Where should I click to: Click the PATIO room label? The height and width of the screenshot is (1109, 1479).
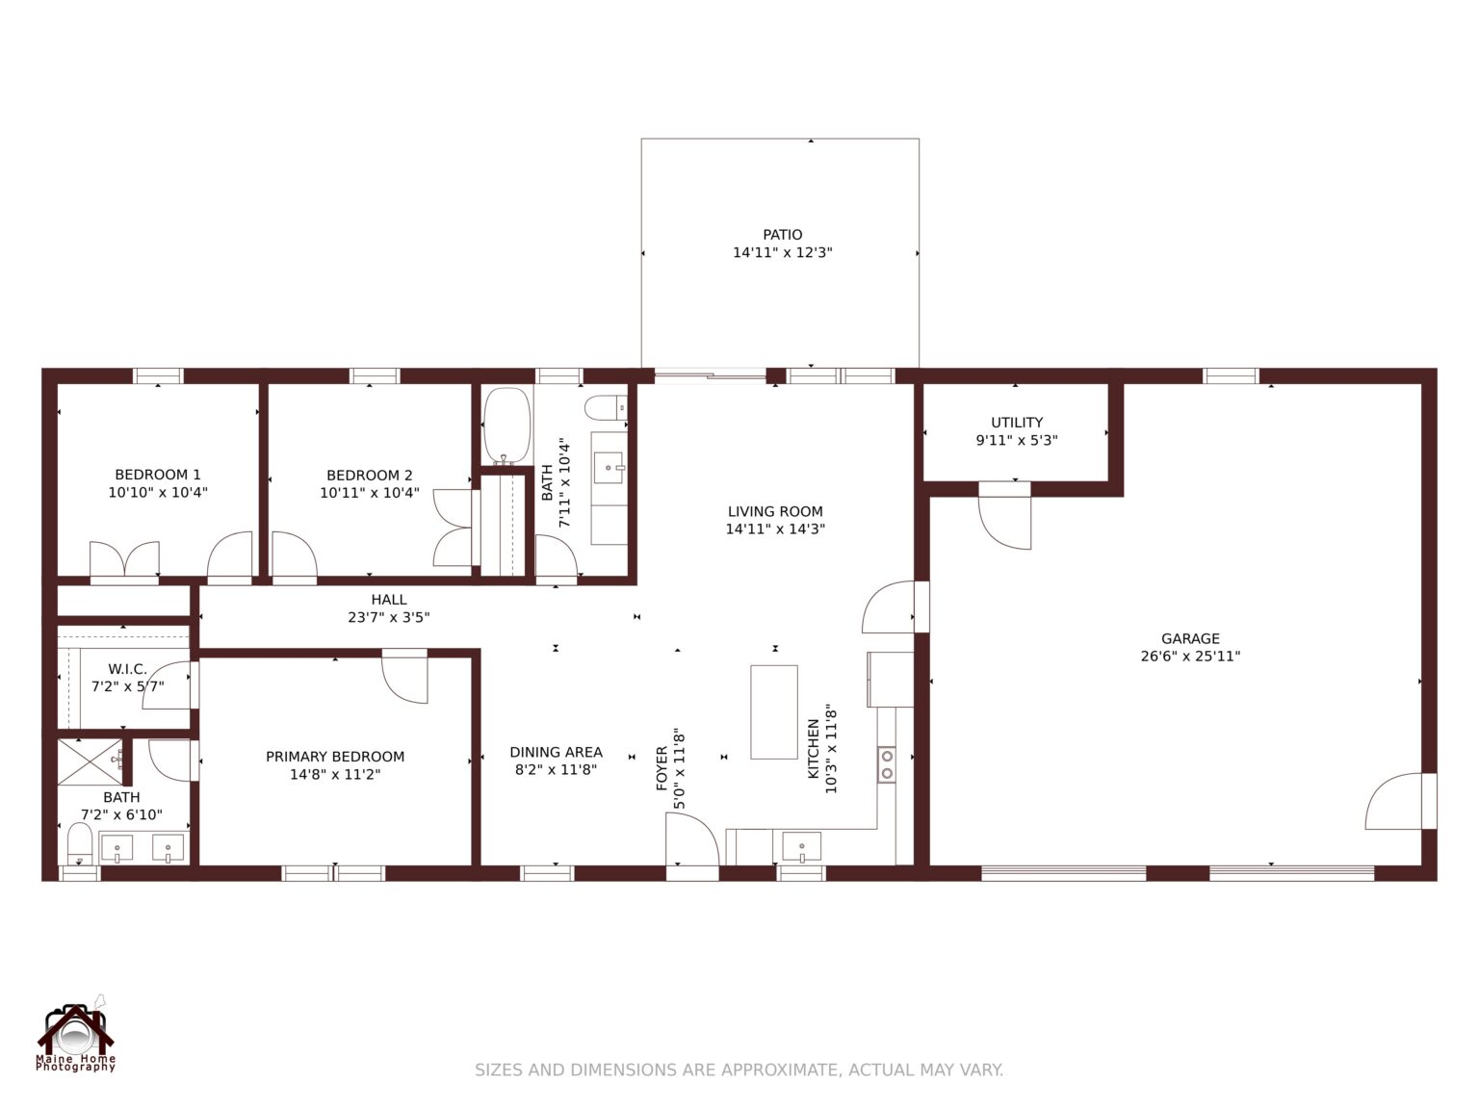(x=782, y=235)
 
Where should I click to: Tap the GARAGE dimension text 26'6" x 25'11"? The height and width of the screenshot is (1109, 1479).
(x=1190, y=657)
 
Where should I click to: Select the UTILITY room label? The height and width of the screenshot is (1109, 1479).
(x=1017, y=423)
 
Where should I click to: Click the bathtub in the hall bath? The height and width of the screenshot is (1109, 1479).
(x=506, y=425)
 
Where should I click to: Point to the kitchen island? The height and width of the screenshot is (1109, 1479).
(x=774, y=711)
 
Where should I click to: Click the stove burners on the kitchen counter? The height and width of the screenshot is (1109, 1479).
(x=887, y=764)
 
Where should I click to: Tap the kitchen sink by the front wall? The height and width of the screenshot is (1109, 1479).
(x=801, y=848)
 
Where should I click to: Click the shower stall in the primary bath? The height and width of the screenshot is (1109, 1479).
(x=90, y=762)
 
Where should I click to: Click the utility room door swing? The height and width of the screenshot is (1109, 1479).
(x=1005, y=520)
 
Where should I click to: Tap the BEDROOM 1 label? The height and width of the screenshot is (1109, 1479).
(x=158, y=475)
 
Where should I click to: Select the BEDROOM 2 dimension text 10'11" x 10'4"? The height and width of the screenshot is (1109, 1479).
(x=370, y=493)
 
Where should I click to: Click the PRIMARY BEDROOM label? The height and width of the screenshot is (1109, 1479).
(x=335, y=757)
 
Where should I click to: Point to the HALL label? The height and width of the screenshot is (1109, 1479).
(x=389, y=600)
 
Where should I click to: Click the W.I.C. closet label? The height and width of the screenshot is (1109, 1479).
(x=127, y=669)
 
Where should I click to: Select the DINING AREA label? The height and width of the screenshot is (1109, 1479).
(x=557, y=752)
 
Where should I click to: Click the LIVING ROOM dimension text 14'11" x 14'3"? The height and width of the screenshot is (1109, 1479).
(x=775, y=529)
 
